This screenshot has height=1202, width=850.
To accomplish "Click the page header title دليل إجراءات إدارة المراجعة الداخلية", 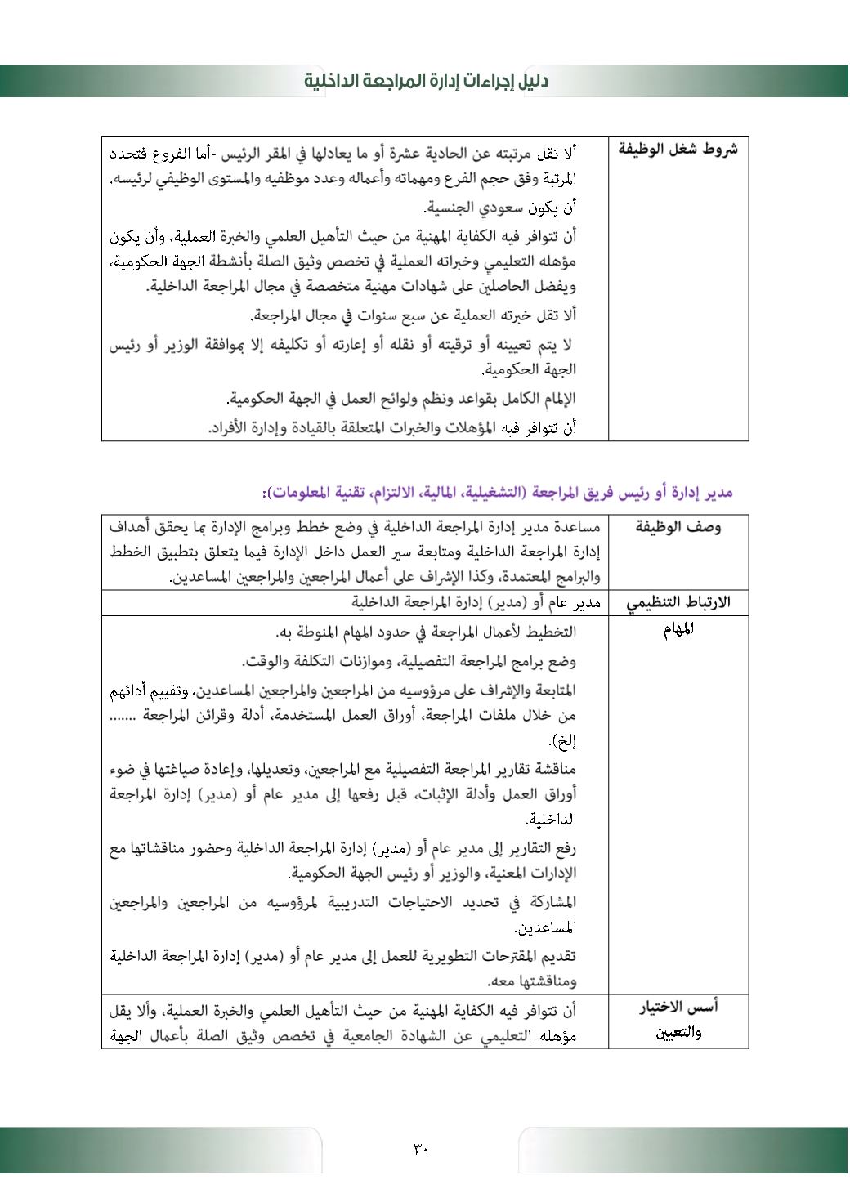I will pos(426,81).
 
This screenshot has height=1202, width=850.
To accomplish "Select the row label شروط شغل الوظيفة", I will pos(678,150).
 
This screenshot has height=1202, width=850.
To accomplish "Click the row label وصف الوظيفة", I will pos(678,528).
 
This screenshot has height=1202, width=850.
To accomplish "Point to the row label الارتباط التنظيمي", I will pos(678,603).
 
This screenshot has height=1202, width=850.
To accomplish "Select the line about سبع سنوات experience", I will pos(414,315).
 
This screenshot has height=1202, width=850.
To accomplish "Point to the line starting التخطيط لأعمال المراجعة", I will pos(426,632).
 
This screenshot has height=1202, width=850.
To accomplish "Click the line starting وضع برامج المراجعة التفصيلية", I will pos(409,661).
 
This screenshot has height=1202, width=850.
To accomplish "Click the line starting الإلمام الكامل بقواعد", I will pos(401,399).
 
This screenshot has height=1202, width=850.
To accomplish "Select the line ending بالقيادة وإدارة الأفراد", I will pos(392,427).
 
